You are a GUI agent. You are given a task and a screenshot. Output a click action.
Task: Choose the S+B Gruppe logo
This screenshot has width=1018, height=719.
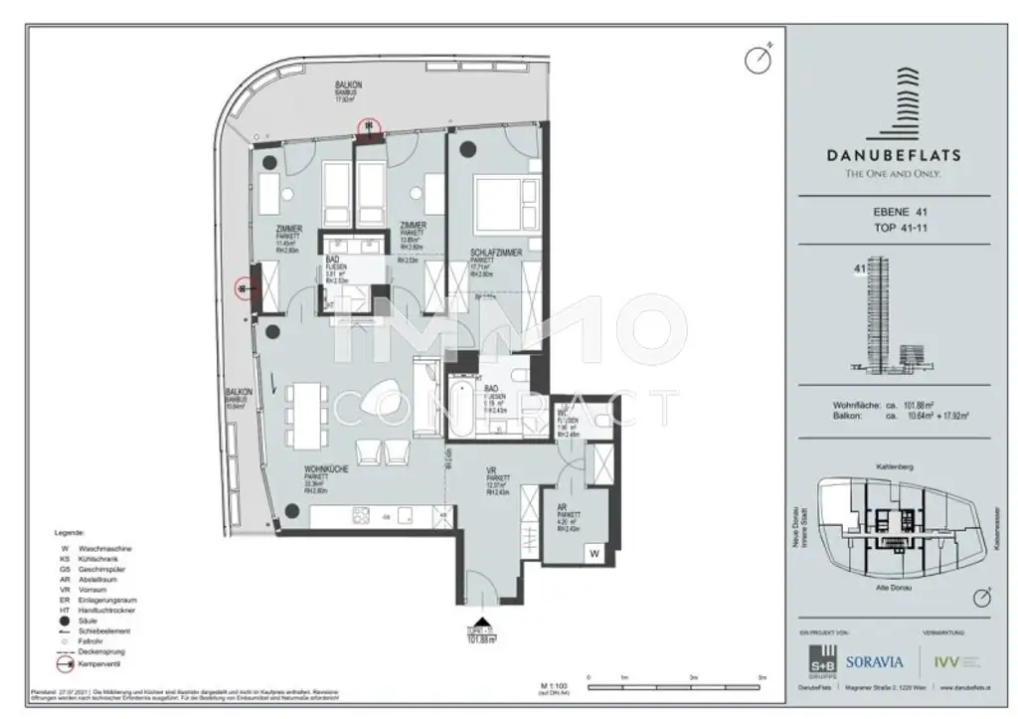tap(821, 660)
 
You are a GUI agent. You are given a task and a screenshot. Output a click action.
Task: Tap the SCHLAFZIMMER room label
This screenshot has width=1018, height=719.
tap(496, 256)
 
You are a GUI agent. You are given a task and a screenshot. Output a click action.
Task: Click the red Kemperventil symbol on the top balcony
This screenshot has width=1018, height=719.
tap(370, 125)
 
